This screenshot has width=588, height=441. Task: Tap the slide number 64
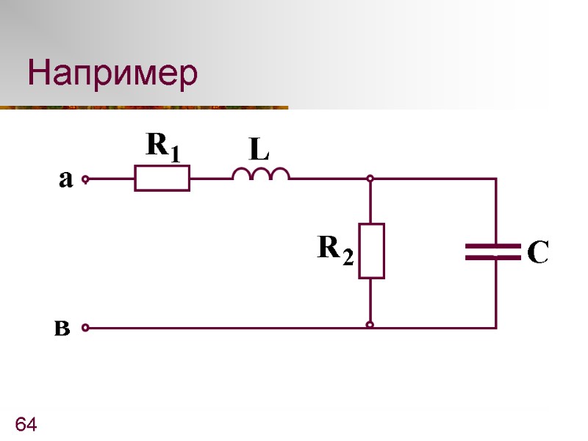point(26,424)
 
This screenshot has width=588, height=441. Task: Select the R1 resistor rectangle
point(162,178)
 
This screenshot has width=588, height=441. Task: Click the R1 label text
point(162,146)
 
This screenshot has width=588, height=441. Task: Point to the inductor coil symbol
point(261,173)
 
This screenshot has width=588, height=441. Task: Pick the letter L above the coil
point(258,151)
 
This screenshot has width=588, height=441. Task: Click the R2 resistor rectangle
point(371,251)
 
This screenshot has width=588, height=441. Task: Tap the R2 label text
point(335,250)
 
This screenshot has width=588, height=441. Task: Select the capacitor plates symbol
point(493,252)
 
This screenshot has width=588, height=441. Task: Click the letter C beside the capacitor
point(539,253)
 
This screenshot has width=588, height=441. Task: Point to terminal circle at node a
point(85,179)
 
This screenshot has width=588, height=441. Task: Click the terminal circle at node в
point(85,328)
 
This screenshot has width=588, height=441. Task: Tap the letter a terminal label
point(65,179)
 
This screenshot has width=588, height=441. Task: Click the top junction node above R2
point(370,179)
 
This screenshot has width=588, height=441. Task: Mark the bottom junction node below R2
point(370,324)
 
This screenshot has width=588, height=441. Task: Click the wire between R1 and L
point(211,179)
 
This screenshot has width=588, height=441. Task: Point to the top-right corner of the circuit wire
point(496,179)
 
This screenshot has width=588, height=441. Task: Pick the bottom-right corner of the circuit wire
point(496,328)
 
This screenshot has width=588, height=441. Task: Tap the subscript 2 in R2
point(348,257)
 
